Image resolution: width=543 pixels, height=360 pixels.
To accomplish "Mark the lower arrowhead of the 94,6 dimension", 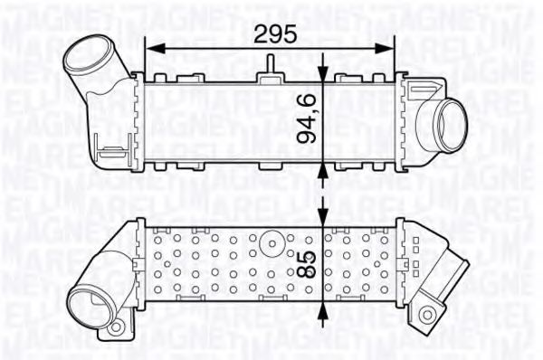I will (x=325, y=169).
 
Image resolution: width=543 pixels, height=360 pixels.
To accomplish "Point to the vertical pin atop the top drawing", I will (x=270, y=64).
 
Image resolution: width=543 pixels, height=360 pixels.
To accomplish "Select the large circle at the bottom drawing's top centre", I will (x=270, y=242).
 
